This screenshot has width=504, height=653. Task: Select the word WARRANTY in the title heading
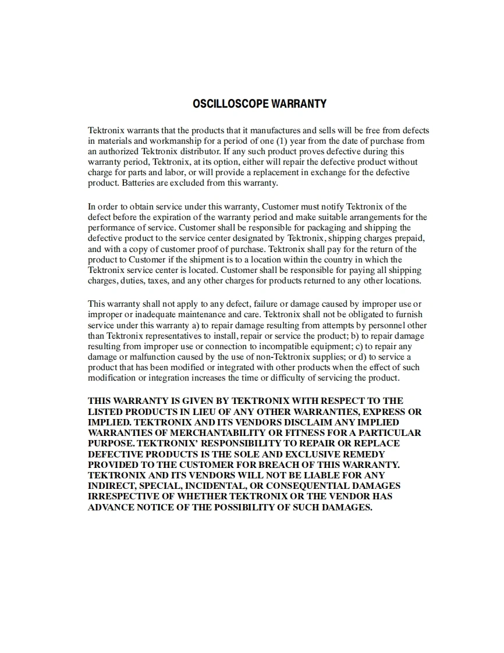pos(299,104)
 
